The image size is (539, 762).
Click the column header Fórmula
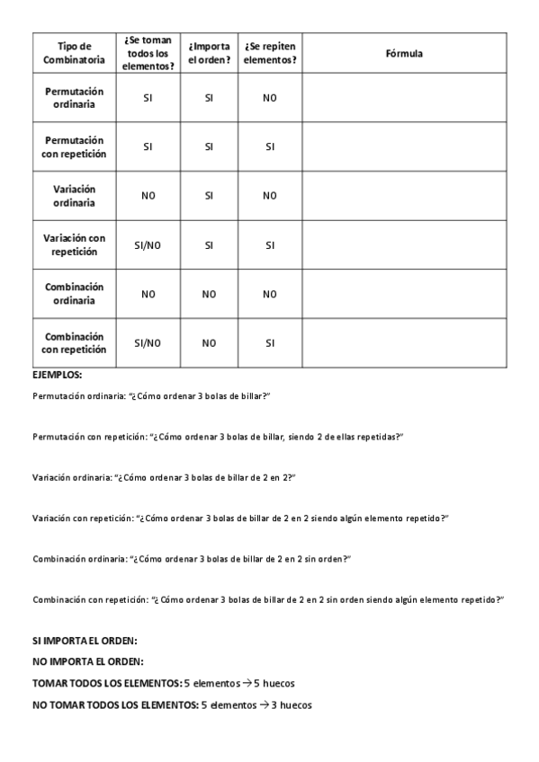tap(403, 54)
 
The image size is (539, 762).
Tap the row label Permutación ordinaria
tap(74, 98)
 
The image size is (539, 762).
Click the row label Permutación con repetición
tap(74, 147)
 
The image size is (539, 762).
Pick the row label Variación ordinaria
tap(74, 196)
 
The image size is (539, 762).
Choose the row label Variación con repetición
tap(74, 244)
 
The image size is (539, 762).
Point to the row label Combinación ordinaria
tap(74, 293)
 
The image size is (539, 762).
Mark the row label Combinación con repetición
tap(74, 342)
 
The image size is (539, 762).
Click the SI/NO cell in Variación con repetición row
tap(148, 244)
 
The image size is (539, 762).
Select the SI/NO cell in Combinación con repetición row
tap(148, 342)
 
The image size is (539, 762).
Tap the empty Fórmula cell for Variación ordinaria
tap(403, 196)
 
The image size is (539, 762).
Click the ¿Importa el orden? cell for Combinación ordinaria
tap(209, 293)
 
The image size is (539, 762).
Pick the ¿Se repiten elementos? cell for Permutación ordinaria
tap(269, 98)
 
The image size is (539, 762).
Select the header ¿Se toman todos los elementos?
tap(148, 54)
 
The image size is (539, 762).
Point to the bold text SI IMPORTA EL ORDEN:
tap(85, 642)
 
